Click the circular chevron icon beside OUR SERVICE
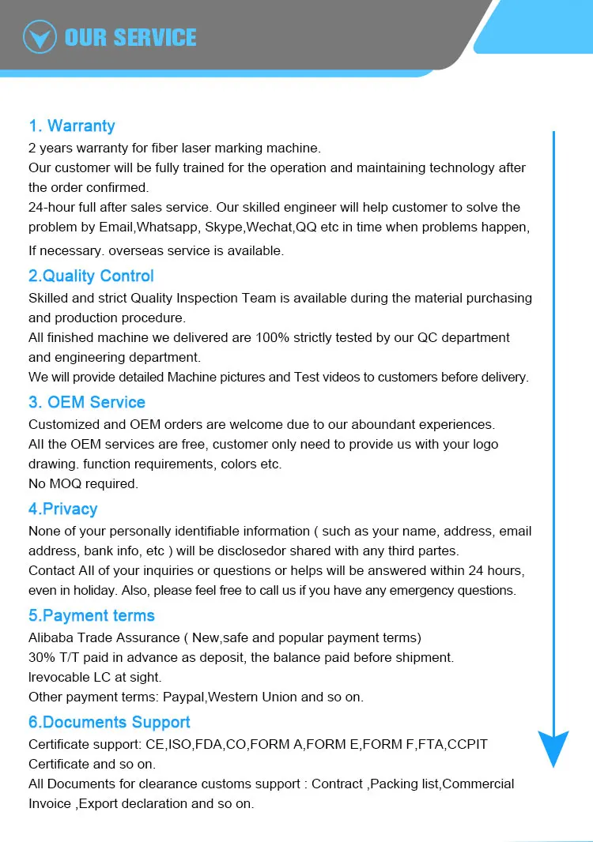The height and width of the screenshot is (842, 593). click(x=40, y=36)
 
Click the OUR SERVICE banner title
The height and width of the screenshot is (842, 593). click(x=130, y=37)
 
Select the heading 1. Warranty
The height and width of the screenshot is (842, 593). click(x=72, y=126)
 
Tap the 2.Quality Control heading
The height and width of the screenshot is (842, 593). click(x=91, y=276)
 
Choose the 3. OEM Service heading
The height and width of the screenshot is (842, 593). click(x=87, y=402)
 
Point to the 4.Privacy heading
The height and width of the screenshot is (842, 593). click(x=63, y=509)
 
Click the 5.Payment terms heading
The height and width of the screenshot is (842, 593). click(x=92, y=615)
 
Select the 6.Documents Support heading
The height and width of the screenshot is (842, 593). click(x=109, y=722)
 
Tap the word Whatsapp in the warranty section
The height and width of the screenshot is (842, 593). click(x=163, y=227)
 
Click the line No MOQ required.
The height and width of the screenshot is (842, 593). click(x=83, y=483)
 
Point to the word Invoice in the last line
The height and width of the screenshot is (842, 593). click(x=50, y=804)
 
